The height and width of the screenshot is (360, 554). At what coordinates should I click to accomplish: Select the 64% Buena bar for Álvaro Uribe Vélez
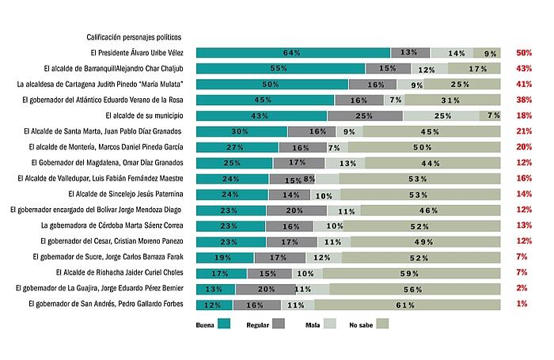coord(293,52)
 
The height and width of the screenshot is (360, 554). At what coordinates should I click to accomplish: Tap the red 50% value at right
coord(523,52)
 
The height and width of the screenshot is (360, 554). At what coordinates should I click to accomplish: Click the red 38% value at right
coord(523,100)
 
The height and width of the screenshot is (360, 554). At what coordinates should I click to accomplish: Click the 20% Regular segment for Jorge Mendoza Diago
coord(296,210)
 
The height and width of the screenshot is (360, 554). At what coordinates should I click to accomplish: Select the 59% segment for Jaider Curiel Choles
coord(411,273)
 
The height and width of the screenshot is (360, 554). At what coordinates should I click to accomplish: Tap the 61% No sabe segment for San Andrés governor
coord(408,304)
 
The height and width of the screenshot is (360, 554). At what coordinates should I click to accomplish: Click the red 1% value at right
coord(525,304)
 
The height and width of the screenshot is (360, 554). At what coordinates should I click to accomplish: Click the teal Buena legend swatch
coord(224,323)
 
